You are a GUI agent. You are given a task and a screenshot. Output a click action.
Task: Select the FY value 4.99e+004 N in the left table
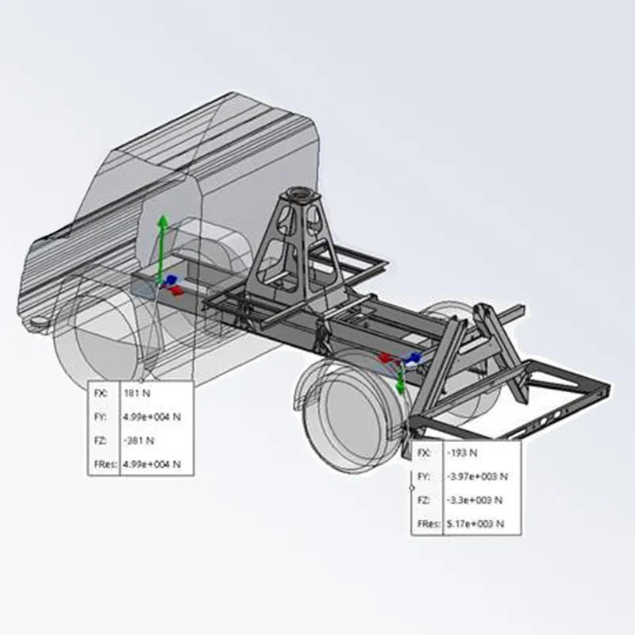pos(152,417)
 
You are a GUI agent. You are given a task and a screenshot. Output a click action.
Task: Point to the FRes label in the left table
pos(104,464)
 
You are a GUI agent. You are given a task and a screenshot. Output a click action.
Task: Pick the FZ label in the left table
pos(100,440)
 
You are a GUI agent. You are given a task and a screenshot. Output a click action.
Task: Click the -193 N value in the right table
pos(462,452)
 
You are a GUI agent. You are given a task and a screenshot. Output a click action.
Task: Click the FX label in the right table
pos(425,452)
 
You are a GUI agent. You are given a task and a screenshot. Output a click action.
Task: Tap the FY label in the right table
pos(425,476)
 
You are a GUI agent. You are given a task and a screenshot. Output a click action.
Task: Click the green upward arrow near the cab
pos(162,242)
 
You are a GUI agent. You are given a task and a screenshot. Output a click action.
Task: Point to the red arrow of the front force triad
pos(179,291)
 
